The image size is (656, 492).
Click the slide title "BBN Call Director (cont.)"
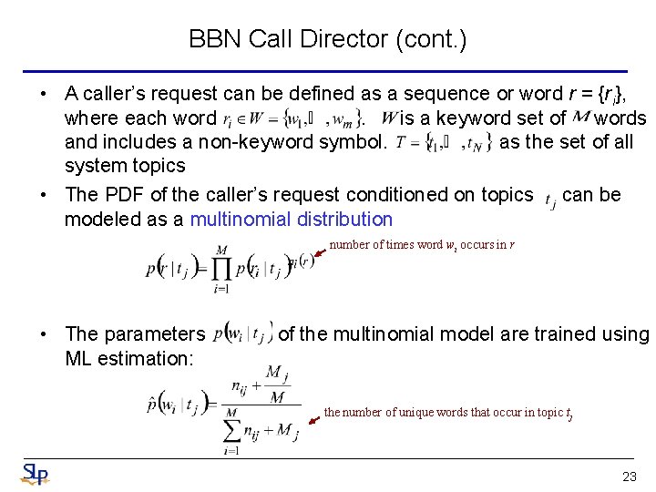(x=327, y=39)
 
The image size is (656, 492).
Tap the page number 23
(x=629, y=477)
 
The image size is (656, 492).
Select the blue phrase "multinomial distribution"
(x=291, y=219)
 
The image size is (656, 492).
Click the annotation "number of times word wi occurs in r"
(x=422, y=244)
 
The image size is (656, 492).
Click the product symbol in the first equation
(x=220, y=269)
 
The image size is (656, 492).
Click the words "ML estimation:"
(x=128, y=358)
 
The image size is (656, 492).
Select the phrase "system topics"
(x=125, y=166)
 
